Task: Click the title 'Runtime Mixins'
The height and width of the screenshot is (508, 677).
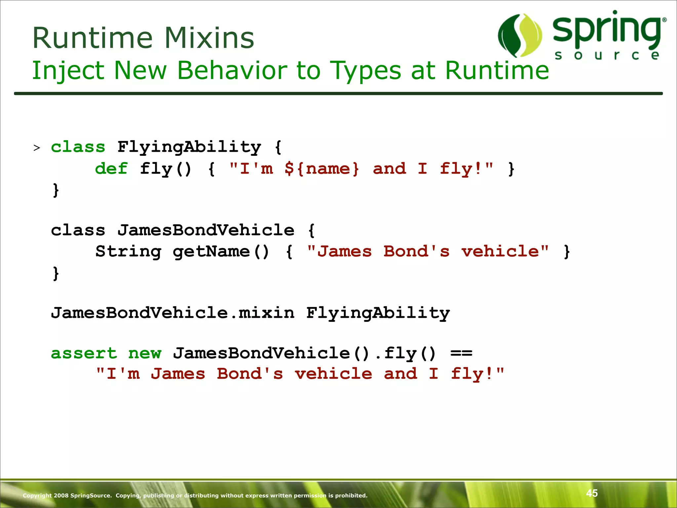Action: (143, 38)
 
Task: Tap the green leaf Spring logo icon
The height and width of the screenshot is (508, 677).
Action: (520, 36)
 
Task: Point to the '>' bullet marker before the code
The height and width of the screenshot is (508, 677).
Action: (37, 148)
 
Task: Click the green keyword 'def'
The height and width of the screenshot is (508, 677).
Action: (111, 169)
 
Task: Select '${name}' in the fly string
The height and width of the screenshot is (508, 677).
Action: (322, 169)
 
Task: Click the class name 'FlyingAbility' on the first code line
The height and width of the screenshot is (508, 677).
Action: (189, 147)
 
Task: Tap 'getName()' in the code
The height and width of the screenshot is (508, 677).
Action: (221, 251)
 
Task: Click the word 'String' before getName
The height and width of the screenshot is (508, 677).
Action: (128, 251)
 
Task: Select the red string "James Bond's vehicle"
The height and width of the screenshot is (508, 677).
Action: (427, 251)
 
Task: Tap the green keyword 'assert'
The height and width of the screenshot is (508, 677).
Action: (84, 353)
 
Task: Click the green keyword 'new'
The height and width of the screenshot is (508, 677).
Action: (145, 353)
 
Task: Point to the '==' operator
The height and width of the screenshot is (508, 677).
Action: (461, 353)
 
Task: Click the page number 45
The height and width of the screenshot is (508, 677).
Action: (592, 493)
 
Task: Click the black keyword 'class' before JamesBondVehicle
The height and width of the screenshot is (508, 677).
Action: (78, 230)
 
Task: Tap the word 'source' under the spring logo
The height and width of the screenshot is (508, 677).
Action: (607, 55)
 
